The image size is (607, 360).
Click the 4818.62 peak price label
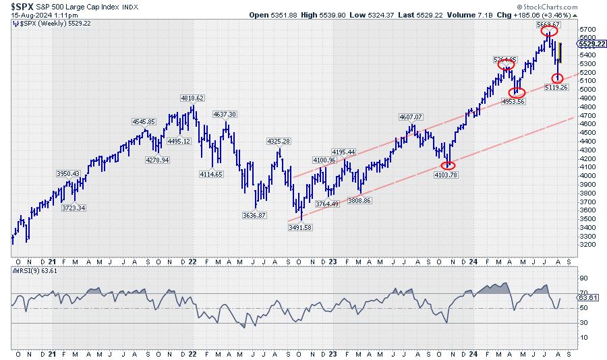point(192,98)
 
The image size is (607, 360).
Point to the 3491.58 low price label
point(299,228)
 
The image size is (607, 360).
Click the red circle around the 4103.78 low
point(448,165)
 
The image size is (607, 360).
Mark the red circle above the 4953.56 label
point(517,92)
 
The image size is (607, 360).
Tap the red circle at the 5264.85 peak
point(506,65)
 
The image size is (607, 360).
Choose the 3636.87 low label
point(254,215)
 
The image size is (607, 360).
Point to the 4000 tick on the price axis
point(588,175)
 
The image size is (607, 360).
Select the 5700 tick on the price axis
point(588,30)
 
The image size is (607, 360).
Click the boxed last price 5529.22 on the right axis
point(591,43)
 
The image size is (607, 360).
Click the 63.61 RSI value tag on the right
point(589,297)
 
